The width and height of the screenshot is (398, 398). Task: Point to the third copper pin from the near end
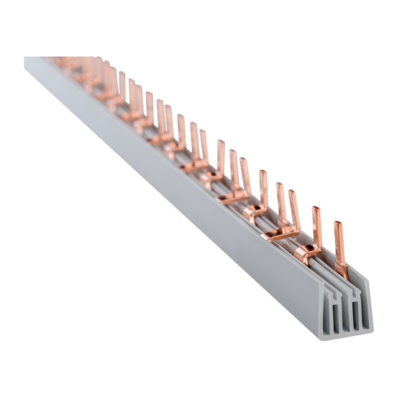(x=294, y=209)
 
